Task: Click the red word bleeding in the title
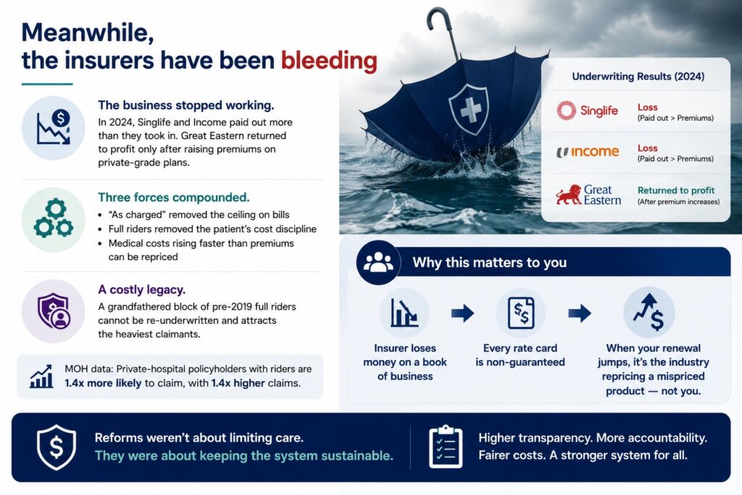click(329, 62)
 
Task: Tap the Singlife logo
click(587, 111)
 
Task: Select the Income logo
click(587, 151)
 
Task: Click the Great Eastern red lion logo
click(568, 194)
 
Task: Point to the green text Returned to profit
click(676, 190)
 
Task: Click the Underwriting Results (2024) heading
click(638, 76)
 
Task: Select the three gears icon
click(53, 218)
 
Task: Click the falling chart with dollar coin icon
click(54, 127)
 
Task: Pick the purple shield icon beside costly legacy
click(54, 311)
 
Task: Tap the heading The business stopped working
click(186, 105)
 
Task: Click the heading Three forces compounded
click(174, 197)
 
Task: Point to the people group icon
click(378, 262)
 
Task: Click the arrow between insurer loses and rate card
click(462, 313)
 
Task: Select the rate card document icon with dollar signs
click(520, 313)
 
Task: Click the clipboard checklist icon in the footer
click(446, 446)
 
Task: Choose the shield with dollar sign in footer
click(57, 446)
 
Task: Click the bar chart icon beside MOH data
click(41, 377)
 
